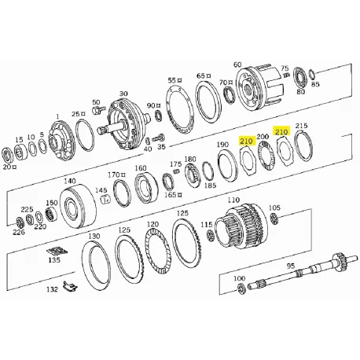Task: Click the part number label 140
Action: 70,181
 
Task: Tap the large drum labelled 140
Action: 78,205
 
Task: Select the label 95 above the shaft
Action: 291,266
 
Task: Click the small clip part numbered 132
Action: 70,286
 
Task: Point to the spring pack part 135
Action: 57,251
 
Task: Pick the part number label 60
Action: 237,64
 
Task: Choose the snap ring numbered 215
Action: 304,145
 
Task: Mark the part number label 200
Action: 263,137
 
